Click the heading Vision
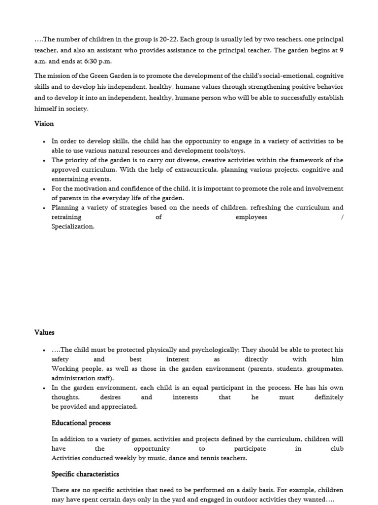[x=44, y=124]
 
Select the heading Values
[x=44, y=333]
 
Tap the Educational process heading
[x=81, y=423]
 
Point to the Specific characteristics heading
[x=85, y=474]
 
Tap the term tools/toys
[x=229, y=151]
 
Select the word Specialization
[x=73, y=227]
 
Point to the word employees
[x=251, y=217]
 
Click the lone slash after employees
[x=342, y=217]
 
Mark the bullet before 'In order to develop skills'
[x=44, y=142]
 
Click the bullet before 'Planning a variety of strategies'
[x=44, y=208]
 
